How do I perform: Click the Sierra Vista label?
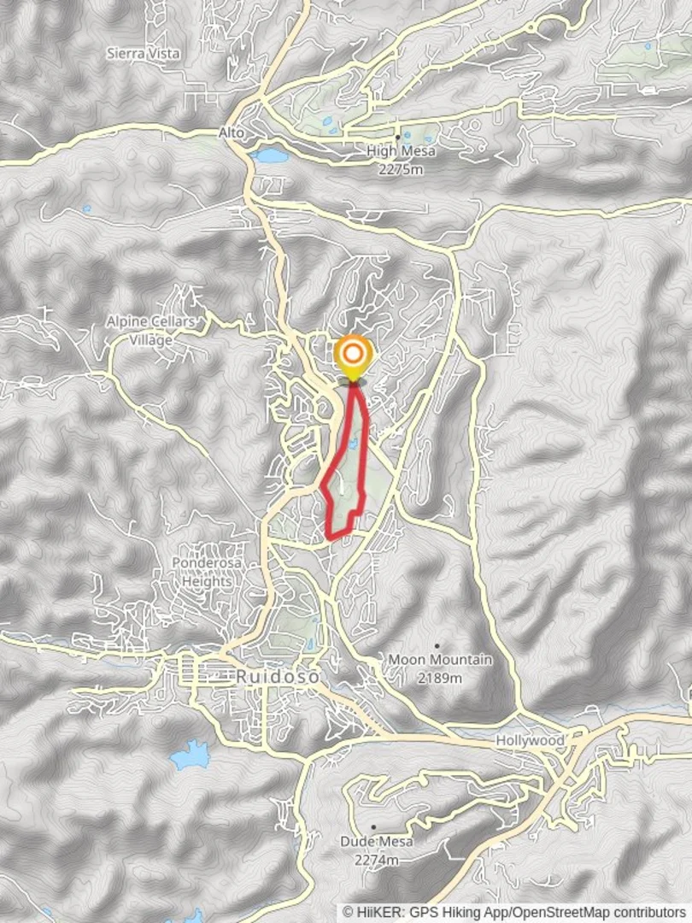coord(143,53)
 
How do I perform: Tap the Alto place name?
coord(231,133)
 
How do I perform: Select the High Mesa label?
coord(401,151)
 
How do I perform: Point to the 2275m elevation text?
coord(401,169)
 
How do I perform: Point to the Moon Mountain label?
coord(440,660)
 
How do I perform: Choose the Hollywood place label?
coord(530,740)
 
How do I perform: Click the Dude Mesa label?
coord(377,842)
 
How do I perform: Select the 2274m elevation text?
coord(377,859)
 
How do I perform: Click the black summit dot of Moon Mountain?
coord(437,646)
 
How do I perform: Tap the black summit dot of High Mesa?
coord(397,137)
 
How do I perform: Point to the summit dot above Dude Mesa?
coord(373,827)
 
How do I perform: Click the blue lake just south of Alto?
coord(270,156)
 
